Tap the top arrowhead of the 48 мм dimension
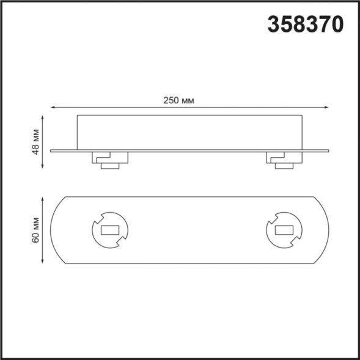tap(43, 116)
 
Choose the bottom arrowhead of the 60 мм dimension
tap(43, 263)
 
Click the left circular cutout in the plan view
tap(110, 230)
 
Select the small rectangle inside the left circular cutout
tap(110, 231)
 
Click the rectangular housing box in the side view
tap(189, 131)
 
